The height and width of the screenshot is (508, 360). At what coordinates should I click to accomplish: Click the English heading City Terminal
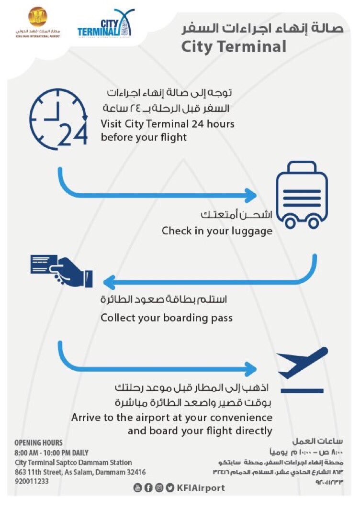[234, 47]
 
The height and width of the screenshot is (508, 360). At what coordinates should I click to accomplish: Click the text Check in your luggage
[217, 231]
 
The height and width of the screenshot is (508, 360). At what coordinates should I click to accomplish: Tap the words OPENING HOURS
[38, 443]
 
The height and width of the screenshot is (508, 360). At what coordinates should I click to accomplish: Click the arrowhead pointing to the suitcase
[251, 195]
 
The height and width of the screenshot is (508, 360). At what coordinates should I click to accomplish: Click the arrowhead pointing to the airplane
[251, 368]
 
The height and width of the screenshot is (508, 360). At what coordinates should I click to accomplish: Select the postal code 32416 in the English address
[135, 472]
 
